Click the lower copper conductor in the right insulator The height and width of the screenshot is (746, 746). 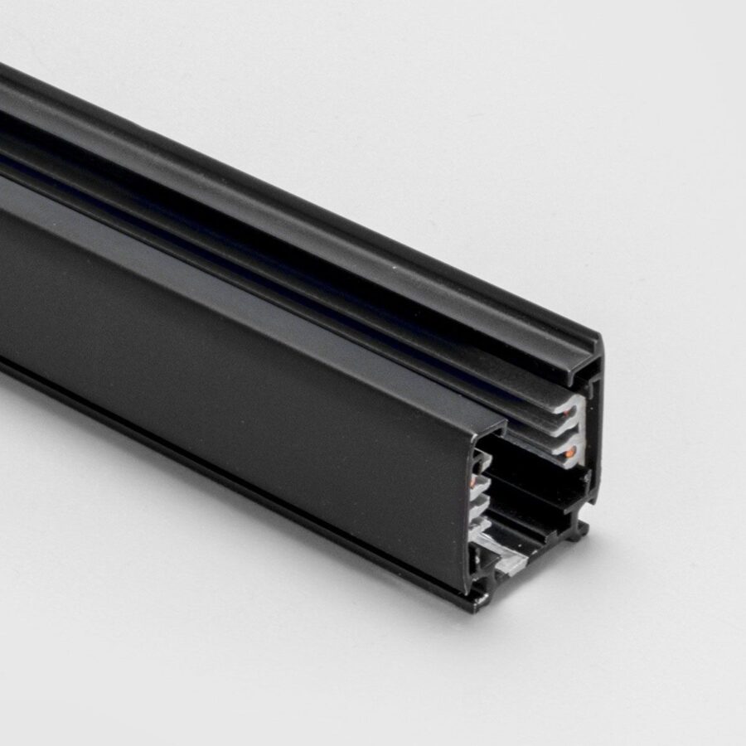[x=572, y=452]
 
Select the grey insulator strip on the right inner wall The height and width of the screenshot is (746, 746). [x=574, y=431]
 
